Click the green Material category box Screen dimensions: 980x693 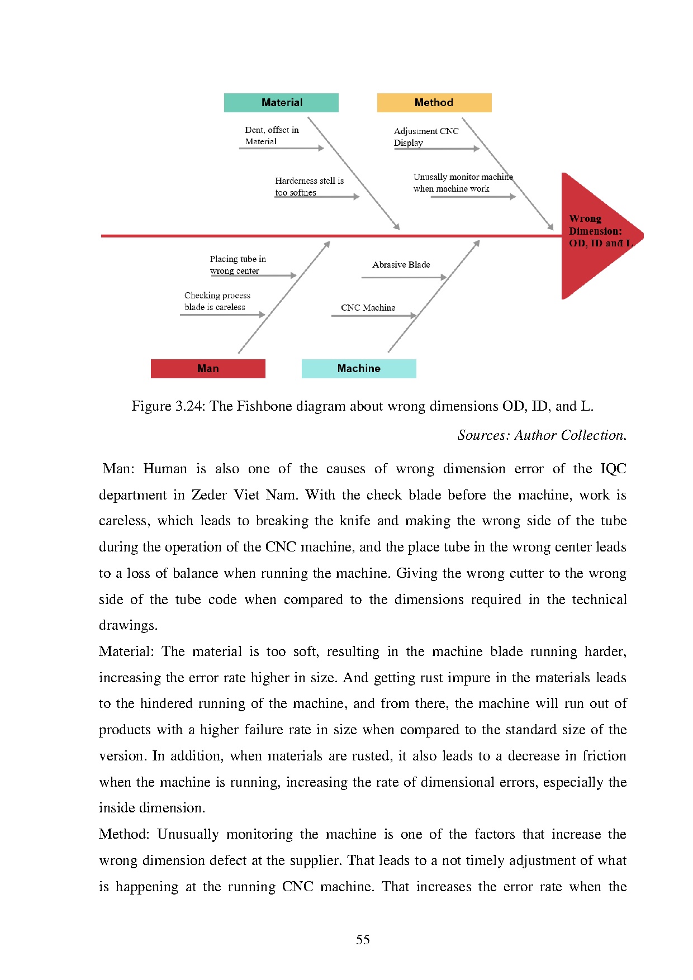pos(281,103)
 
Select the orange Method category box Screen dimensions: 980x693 pos(434,103)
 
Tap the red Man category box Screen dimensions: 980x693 pos(208,369)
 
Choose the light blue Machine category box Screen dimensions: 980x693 pos(359,369)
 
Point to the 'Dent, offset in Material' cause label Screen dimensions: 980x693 pos(272,136)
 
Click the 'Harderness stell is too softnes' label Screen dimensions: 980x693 pos(309,187)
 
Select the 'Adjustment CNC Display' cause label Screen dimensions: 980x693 pos(426,137)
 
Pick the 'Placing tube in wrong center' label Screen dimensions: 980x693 pos(238,265)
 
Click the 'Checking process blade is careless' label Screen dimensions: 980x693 pos(217,301)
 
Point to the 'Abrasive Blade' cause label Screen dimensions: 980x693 pos(401,265)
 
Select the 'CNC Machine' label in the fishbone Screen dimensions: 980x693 pos(368,308)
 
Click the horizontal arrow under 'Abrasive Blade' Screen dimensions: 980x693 pos(404,277)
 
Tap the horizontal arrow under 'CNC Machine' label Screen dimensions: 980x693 pos(373,316)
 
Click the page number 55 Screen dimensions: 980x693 pos(363,940)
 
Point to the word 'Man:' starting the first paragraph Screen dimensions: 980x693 pos(118,469)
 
